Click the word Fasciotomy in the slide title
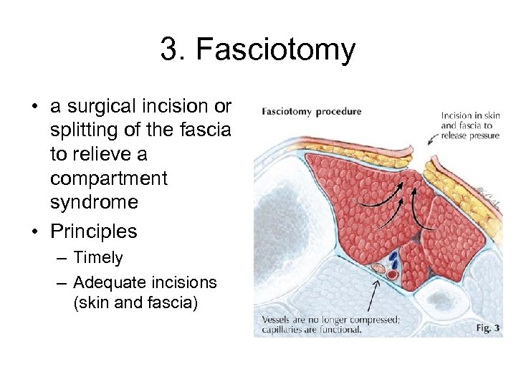point(276,51)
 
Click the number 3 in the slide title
point(169,50)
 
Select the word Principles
point(93,231)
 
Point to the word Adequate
point(108,282)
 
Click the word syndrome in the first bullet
point(94,202)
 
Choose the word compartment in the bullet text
point(108,178)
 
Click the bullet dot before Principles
point(34,232)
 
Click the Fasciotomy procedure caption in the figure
point(312,112)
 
